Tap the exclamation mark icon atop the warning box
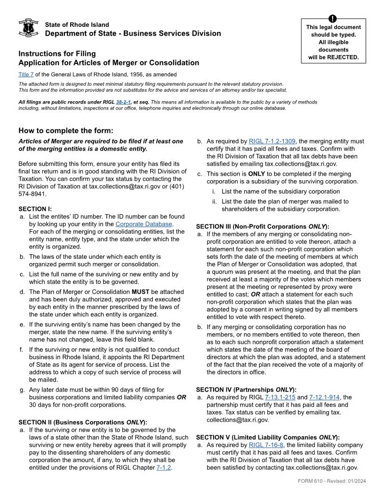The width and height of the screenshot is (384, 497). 333,19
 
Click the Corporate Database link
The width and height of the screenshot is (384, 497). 144,224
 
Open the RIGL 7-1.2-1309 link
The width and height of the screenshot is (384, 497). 272,141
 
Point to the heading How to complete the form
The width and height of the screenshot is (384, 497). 66,131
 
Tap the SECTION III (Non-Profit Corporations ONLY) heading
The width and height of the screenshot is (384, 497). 262,226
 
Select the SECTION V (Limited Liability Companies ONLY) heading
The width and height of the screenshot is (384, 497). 267,437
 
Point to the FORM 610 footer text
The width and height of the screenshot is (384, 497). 332,481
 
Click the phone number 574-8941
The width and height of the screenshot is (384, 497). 33,194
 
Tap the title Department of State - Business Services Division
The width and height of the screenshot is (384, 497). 133,33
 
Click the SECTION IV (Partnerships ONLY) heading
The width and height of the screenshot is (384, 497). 246,390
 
